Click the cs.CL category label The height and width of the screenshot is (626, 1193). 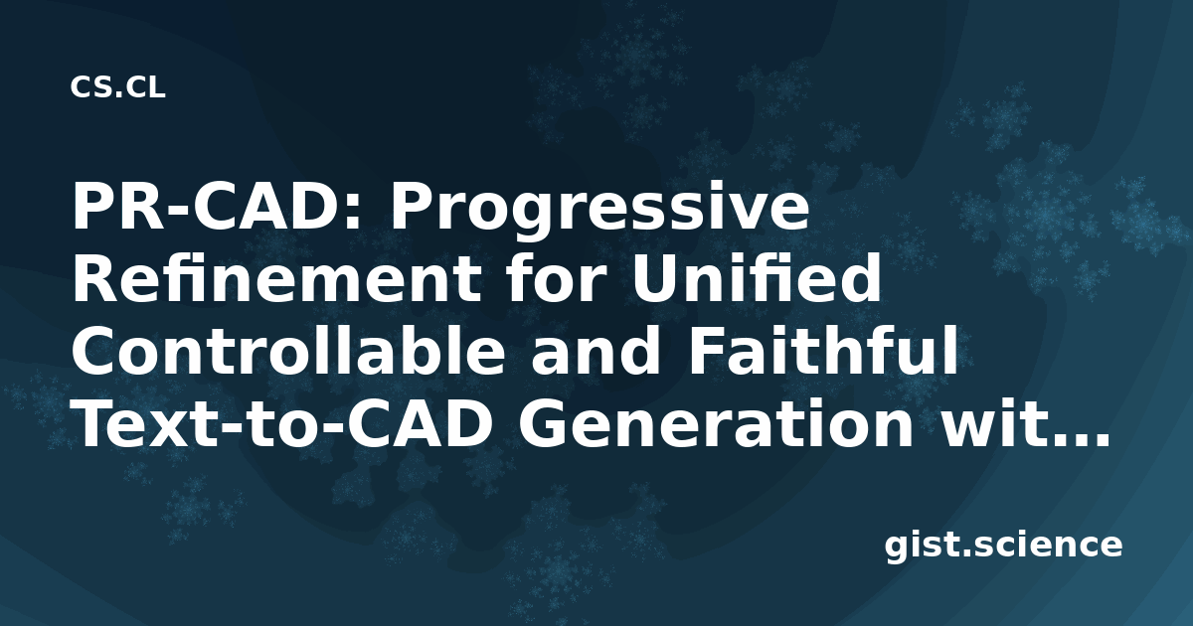click(117, 87)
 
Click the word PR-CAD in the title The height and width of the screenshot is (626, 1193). click(210, 207)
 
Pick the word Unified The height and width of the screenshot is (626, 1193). click(756, 279)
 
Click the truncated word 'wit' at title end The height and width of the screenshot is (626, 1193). click(989, 424)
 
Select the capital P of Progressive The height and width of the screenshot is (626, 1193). click(412, 207)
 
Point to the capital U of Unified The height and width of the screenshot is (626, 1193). click(654, 279)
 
